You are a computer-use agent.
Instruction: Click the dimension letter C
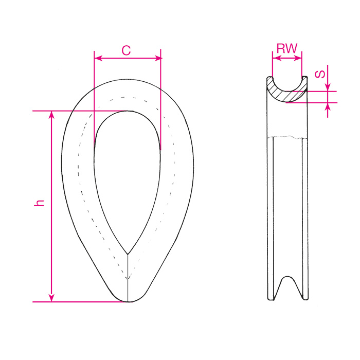pos(126,50)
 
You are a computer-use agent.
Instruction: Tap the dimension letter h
pos(40,203)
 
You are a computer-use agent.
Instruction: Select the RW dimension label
pos(286,49)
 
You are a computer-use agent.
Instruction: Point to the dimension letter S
pos(320,74)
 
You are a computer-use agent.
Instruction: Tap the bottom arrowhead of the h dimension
pos(51,298)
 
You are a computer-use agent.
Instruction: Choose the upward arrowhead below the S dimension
pos(328,106)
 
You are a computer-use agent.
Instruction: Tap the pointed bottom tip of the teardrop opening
pos(128,254)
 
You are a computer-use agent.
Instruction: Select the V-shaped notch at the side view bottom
pos(287,291)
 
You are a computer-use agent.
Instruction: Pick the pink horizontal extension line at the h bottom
pos(77,302)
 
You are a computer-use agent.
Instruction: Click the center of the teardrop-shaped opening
pos(127,170)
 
